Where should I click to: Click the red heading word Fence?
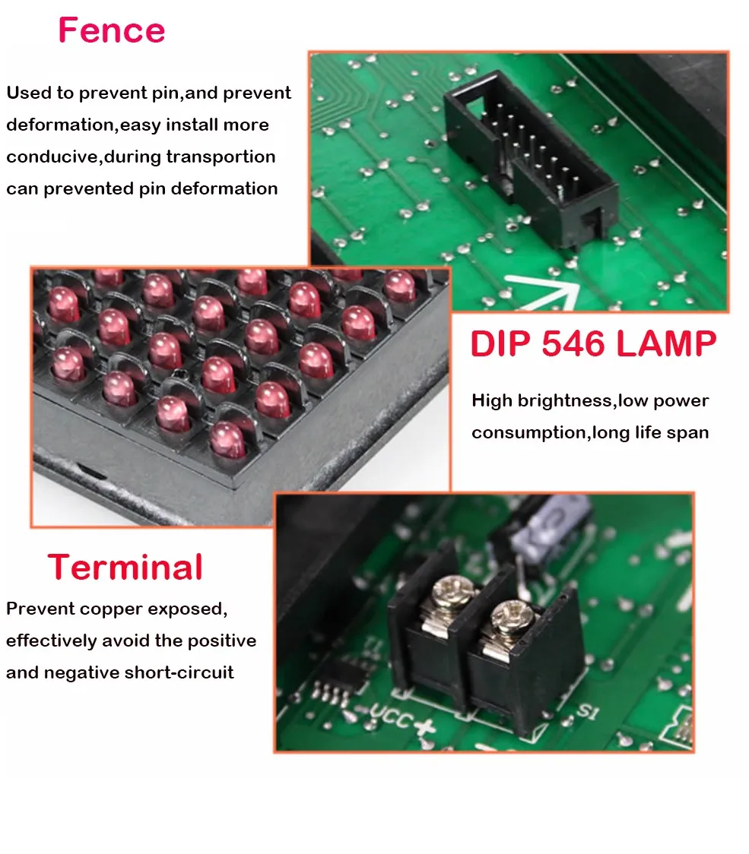(111, 30)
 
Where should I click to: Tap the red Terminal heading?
(125, 568)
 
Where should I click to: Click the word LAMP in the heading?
(666, 344)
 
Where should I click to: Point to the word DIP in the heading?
(499, 344)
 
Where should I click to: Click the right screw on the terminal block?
(507, 613)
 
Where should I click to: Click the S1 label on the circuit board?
(586, 713)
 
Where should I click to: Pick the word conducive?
(52, 157)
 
